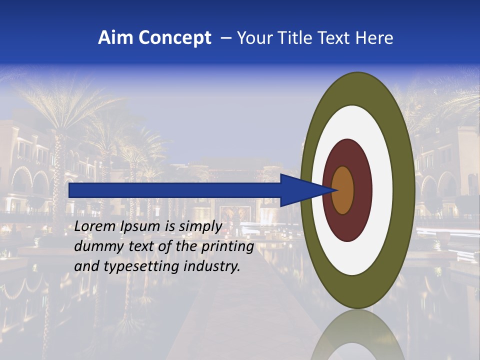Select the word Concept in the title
tap(174, 38)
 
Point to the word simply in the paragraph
tap(200, 226)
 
